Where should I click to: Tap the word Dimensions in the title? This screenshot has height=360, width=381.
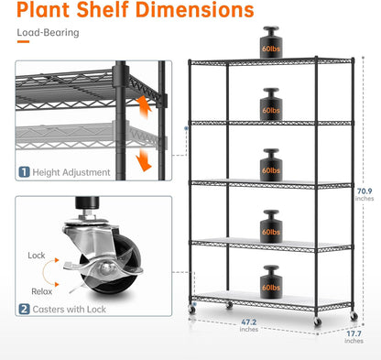(196, 12)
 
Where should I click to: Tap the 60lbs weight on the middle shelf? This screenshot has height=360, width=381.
(271, 164)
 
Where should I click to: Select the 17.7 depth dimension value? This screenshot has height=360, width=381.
(354, 336)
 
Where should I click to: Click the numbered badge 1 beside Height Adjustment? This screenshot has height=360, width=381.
(25, 171)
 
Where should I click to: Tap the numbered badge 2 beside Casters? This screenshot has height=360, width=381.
(25, 311)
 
